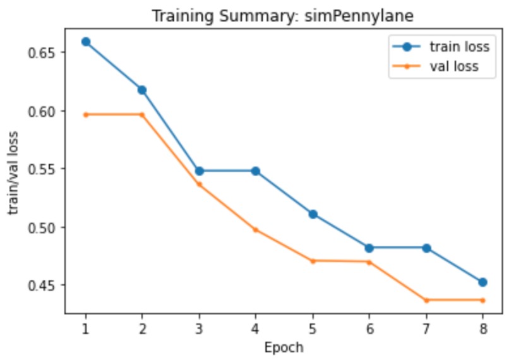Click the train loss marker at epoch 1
click(86, 42)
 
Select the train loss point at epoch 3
click(200, 171)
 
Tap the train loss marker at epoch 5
click(313, 214)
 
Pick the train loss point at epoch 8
click(482, 282)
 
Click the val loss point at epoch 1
click(86, 114)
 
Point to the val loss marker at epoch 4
click(256, 229)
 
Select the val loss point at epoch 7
click(426, 300)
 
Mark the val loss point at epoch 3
click(200, 184)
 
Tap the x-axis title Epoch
click(284, 347)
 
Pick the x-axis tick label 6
click(369, 328)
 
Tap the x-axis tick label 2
click(143, 328)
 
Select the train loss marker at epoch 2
click(143, 90)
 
